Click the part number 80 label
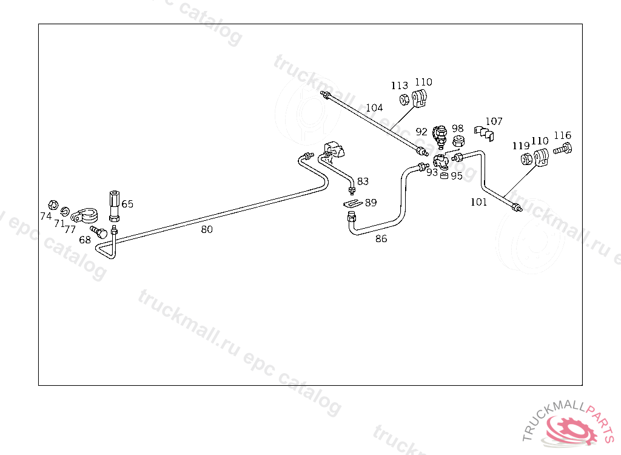point(207,229)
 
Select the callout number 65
point(127,204)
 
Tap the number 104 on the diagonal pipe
point(374,108)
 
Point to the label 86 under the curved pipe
point(381,238)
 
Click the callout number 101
point(478,202)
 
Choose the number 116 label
point(562,135)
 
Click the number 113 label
point(399,86)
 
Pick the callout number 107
point(494,121)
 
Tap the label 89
point(370,203)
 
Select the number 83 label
point(363,181)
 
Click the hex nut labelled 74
point(52,204)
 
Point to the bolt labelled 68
point(99,231)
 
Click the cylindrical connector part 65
point(114,206)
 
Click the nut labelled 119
point(526,159)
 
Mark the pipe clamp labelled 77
point(84,215)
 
